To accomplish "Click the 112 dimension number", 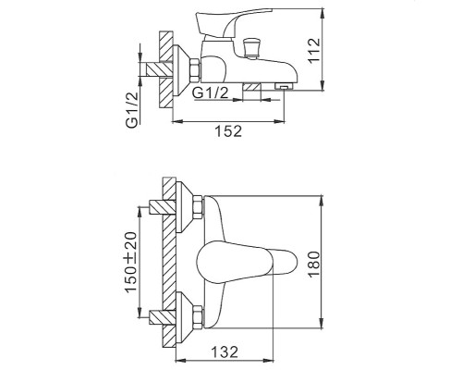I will (341, 48).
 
